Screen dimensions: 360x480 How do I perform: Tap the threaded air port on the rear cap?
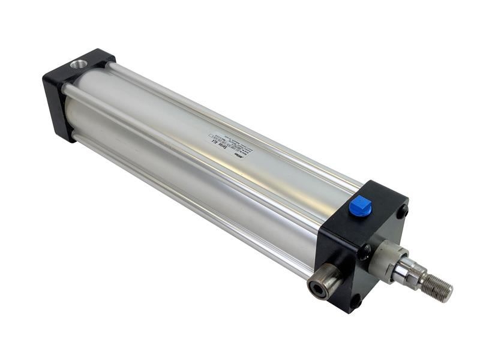78,64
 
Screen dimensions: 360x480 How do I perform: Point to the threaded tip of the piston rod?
437,287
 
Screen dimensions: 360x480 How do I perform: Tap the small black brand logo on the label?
245,154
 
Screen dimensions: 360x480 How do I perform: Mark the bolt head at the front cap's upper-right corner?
403,212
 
